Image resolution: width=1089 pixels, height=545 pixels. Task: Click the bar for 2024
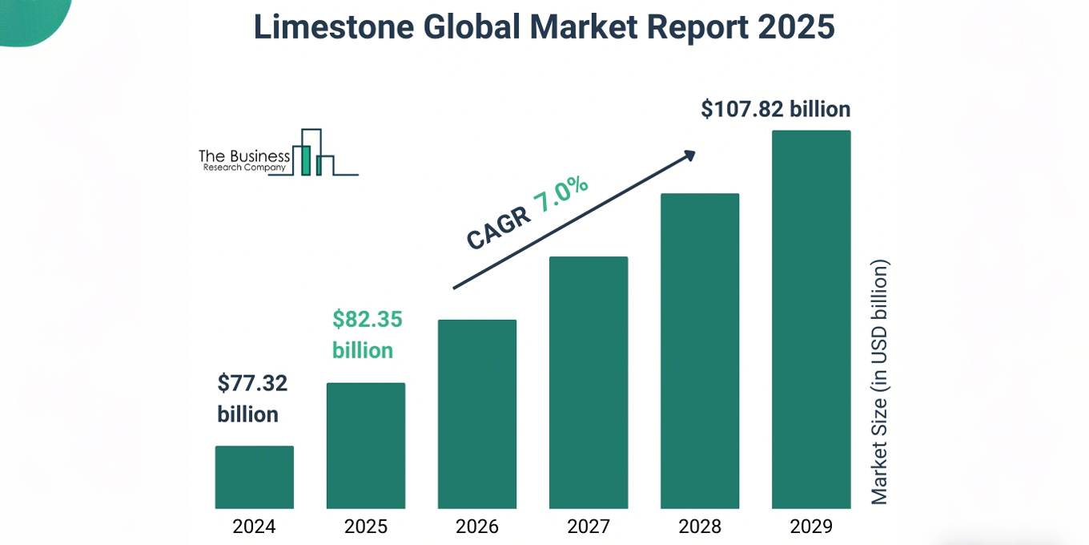pyautogui.click(x=254, y=477)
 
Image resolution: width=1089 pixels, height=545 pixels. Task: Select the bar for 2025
pyautogui.click(x=365, y=446)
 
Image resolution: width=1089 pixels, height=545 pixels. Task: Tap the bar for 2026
pyautogui.click(x=476, y=414)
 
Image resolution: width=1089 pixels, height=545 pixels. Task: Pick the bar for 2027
pyautogui.click(x=588, y=382)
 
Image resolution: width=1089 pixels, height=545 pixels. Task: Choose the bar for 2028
pyautogui.click(x=699, y=351)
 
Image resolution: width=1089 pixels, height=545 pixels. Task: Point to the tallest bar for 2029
pyautogui.click(x=810, y=319)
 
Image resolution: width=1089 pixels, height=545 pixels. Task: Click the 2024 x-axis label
pyautogui.click(x=254, y=527)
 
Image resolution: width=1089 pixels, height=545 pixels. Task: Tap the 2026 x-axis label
pyautogui.click(x=476, y=527)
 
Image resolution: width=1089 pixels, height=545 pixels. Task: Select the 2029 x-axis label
pyautogui.click(x=810, y=527)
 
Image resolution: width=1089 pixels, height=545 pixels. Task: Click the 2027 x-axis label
pyautogui.click(x=588, y=527)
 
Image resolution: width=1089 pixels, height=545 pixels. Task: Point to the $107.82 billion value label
pyautogui.click(x=775, y=109)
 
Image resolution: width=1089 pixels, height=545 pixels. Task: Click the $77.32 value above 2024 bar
pyautogui.click(x=252, y=384)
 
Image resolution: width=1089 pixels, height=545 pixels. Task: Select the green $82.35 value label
pyautogui.click(x=368, y=320)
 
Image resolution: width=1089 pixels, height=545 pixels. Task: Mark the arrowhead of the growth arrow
pyautogui.click(x=688, y=155)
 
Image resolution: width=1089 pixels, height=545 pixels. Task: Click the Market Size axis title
pyautogui.click(x=879, y=381)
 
